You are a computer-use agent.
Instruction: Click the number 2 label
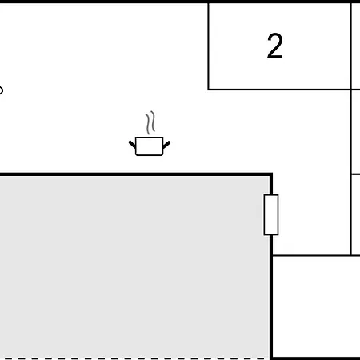tap(274, 46)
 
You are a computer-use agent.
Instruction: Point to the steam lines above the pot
tap(150, 122)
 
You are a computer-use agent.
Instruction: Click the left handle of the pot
tap(132, 144)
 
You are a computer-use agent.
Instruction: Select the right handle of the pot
tap(166, 145)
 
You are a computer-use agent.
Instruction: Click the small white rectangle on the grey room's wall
tap(271, 215)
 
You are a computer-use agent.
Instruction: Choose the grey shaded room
tap(134, 266)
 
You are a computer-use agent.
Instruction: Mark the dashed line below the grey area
tap(134, 358)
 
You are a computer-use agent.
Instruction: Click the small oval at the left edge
tap(1, 90)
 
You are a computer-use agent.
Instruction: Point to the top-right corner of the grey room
tap(271, 174)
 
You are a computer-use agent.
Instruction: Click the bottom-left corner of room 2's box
tap(208, 90)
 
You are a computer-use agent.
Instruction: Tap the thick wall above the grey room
tap(136, 174)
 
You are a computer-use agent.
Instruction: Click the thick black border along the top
tap(180, 2)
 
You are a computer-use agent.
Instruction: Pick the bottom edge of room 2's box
tap(279, 90)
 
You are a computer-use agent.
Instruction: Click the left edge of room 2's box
tap(208, 46)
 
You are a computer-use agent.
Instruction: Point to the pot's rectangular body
tap(150, 146)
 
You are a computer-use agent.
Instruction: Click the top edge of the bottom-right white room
tap(316, 255)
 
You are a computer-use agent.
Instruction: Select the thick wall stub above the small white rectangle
tap(271, 184)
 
